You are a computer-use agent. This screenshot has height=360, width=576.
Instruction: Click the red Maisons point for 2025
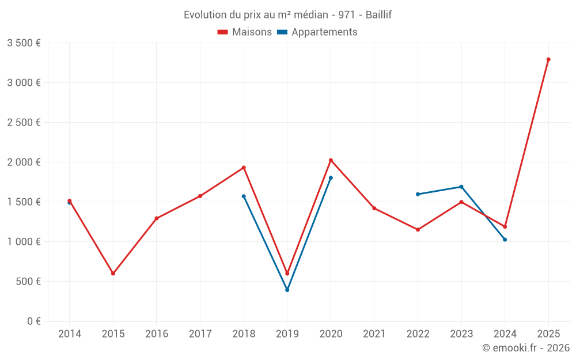click(548, 59)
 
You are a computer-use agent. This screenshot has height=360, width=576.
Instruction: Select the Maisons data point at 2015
click(113, 274)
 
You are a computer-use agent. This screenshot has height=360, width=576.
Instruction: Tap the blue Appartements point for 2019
click(287, 290)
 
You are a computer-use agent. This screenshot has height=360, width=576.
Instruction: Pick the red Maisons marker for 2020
click(331, 160)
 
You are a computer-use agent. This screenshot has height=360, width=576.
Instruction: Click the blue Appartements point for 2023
click(461, 187)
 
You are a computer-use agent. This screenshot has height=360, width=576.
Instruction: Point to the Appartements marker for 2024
click(505, 240)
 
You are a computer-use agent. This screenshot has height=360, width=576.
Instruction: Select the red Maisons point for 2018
click(244, 168)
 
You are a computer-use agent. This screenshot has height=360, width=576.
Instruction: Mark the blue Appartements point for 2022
click(418, 194)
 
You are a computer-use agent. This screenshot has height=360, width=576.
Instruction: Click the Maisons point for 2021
click(374, 209)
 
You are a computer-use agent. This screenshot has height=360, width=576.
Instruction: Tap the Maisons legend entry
click(245, 32)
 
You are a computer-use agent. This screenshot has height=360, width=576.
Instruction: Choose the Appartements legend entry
click(317, 32)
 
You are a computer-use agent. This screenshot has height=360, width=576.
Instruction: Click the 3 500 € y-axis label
click(24, 43)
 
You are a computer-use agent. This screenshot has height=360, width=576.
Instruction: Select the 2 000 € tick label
click(24, 162)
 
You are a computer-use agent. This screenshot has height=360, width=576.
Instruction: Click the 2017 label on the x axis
click(200, 334)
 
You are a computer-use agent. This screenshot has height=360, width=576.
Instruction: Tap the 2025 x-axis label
click(548, 334)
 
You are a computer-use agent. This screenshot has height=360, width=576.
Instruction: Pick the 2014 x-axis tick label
click(69, 334)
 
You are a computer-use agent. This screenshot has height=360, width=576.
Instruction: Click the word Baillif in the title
click(378, 15)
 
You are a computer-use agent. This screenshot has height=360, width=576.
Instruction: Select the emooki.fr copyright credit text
click(526, 348)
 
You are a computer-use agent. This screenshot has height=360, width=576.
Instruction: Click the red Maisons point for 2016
click(157, 218)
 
